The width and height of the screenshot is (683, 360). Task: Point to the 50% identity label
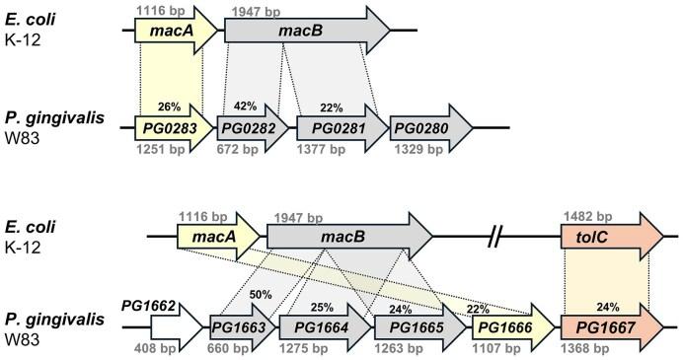click(x=260, y=295)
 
